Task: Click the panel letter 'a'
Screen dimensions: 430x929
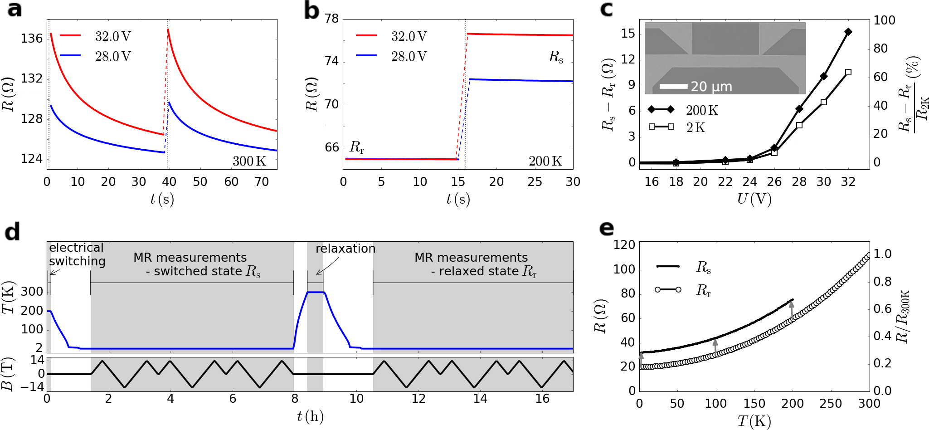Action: [x=15, y=9]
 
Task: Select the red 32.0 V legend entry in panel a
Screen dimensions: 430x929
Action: [x=96, y=36]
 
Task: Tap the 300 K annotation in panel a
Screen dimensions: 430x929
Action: [x=249, y=161]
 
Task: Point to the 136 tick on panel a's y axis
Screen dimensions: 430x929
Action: [x=32, y=39]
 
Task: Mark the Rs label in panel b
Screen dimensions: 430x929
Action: [x=555, y=57]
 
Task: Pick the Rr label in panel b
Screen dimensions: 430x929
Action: [x=357, y=147]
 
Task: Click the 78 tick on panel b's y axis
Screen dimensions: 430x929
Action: [x=332, y=19]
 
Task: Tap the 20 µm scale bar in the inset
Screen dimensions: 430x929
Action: [x=674, y=86]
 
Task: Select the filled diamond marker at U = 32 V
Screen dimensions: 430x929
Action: [x=848, y=32]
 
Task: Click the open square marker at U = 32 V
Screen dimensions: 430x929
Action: [x=848, y=72]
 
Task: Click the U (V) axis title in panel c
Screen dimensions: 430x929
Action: [x=754, y=199]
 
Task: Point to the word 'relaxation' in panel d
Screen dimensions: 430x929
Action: [x=345, y=249]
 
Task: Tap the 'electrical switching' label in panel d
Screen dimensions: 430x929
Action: [x=77, y=254]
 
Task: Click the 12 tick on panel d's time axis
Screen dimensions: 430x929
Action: [x=418, y=399]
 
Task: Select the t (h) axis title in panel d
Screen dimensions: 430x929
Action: [x=310, y=416]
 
